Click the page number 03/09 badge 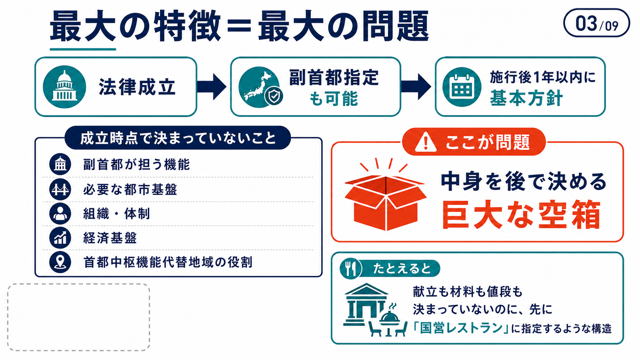click(x=596, y=23)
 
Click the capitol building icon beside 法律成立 click(x=64, y=86)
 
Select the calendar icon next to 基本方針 click(x=462, y=87)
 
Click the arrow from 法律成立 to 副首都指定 click(x=212, y=86)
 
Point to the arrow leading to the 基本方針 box click(x=416, y=86)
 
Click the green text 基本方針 click(x=526, y=98)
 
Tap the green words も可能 click(x=334, y=99)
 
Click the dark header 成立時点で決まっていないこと click(x=178, y=138)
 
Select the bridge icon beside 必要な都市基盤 click(x=60, y=189)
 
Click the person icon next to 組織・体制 click(x=60, y=213)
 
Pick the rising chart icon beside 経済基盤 click(x=60, y=238)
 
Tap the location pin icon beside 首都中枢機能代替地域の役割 click(x=60, y=262)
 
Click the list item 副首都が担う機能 click(x=136, y=165)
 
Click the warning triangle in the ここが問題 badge click(x=425, y=142)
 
